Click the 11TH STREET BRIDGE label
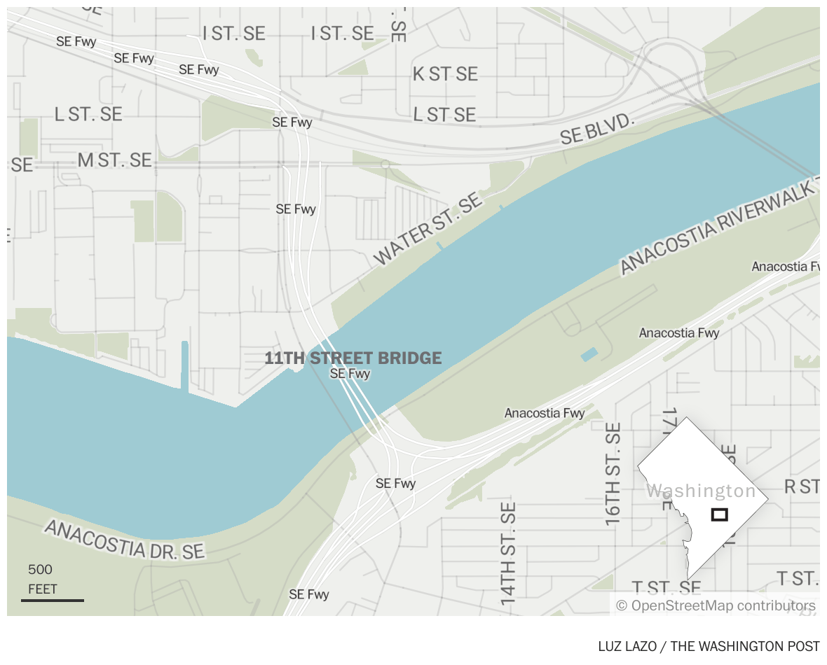[x=353, y=358]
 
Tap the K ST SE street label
[x=445, y=74]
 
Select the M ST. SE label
[x=114, y=160]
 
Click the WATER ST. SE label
[x=428, y=230]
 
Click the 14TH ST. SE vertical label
[x=509, y=553]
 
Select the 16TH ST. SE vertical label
[x=613, y=474]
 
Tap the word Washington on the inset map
[x=701, y=491]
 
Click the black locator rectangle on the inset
[x=719, y=514]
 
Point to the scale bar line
[x=53, y=600]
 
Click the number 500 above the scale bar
[x=40, y=570]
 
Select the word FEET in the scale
[x=43, y=589]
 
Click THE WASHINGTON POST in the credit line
[x=745, y=646]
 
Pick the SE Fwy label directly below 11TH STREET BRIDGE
[x=350, y=374]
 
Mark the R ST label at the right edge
[x=802, y=486]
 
